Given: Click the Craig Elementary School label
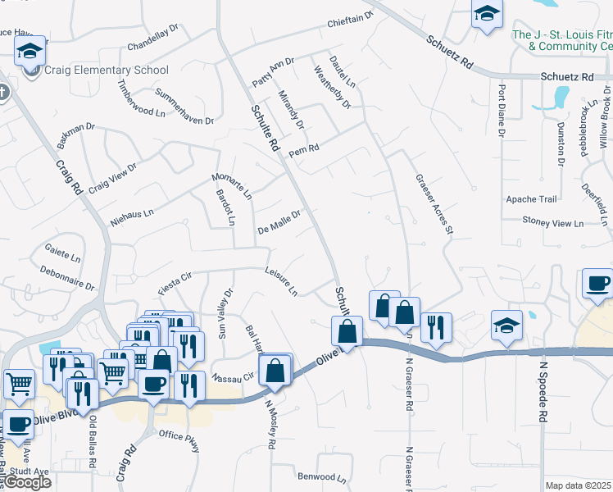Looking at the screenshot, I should click(107, 71).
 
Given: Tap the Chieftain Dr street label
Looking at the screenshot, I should click(350, 20).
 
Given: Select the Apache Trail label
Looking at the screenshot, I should click(531, 199).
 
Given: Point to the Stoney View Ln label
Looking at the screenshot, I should click(553, 222).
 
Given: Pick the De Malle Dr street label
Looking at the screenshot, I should click(279, 221).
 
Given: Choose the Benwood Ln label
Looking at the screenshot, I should click(322, 476).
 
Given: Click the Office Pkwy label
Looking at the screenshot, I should click(179, 440).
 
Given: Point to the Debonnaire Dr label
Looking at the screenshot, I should click(67, 276).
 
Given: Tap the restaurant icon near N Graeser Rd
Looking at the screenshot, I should click(436, 326).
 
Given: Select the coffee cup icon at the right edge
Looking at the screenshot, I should click(597, 284).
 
